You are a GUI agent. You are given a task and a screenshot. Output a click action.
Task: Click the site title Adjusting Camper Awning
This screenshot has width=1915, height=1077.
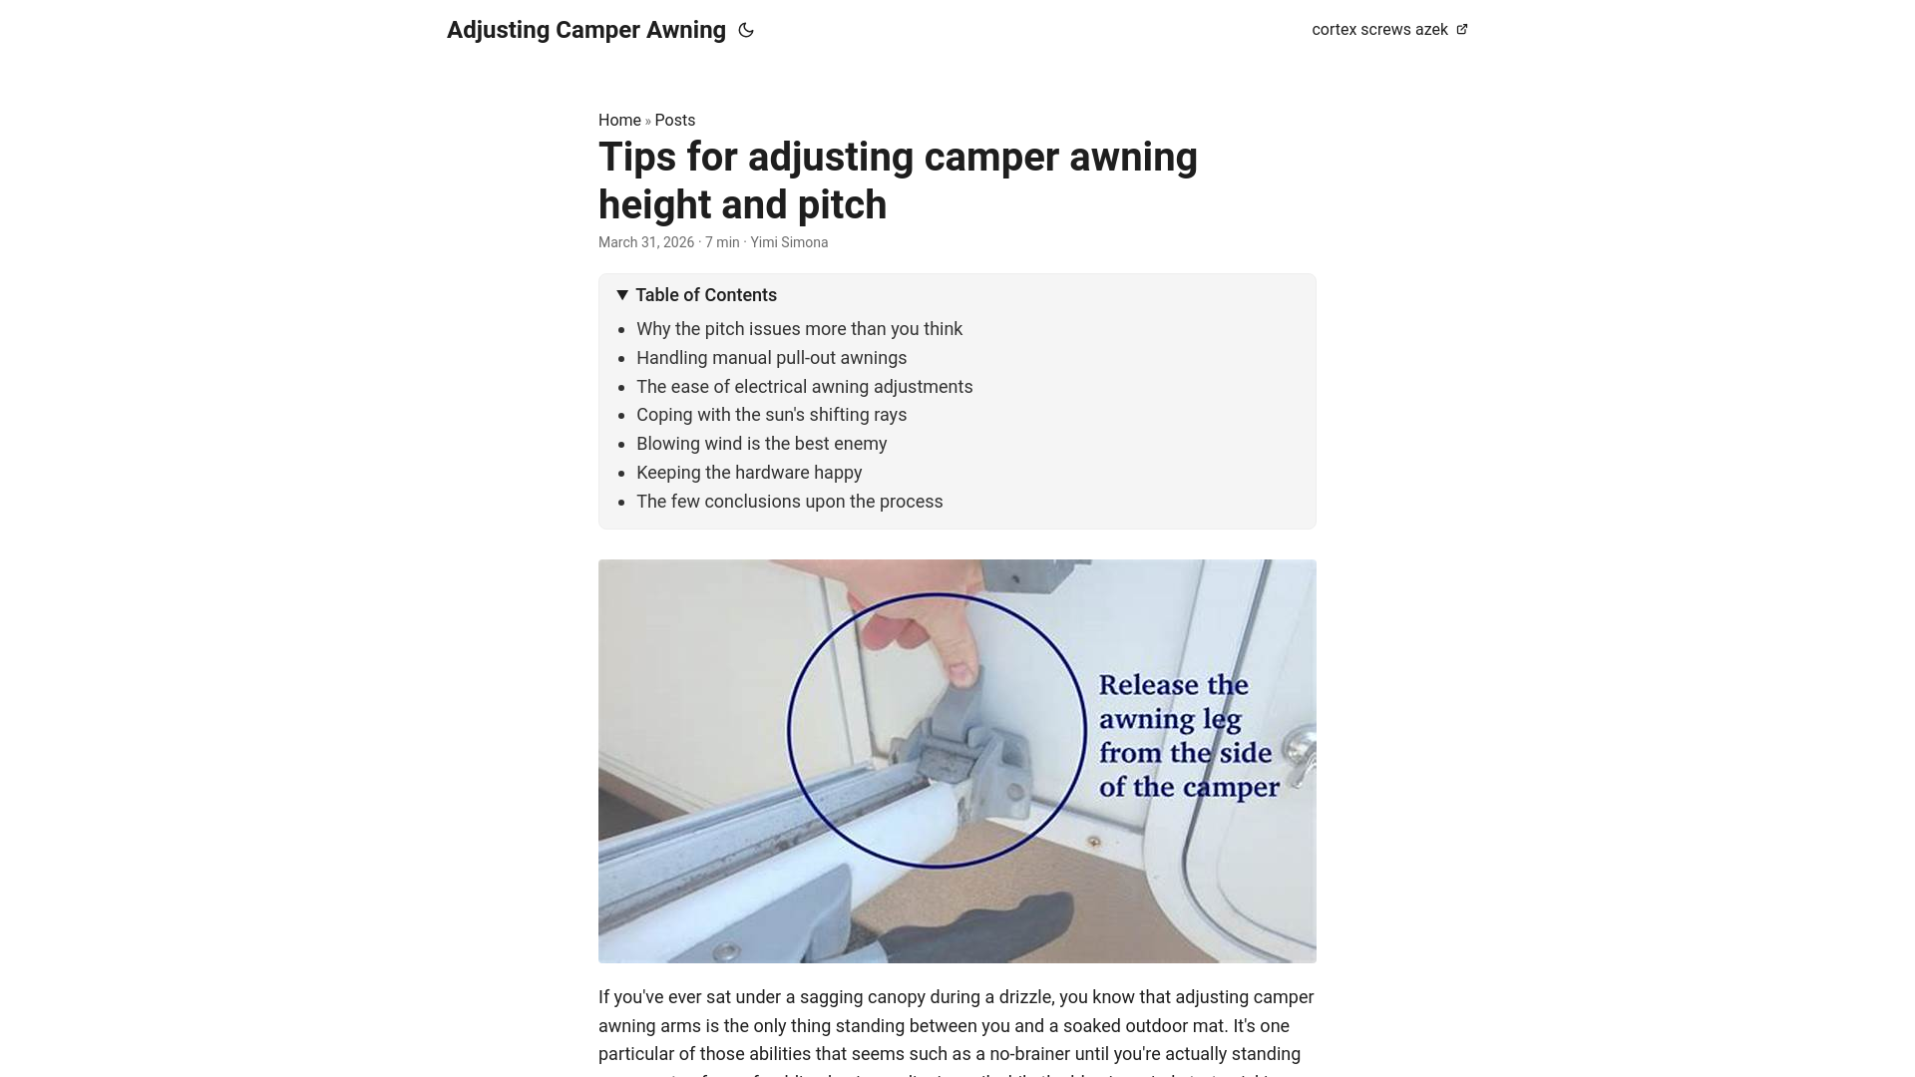(x=585, y=30)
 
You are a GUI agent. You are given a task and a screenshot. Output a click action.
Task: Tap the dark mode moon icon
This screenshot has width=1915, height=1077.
(x=746, y=30)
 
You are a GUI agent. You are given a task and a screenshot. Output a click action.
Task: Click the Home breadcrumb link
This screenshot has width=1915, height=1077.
(x=618, y=121)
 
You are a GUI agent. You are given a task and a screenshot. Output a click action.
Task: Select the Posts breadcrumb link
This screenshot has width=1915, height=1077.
(x=674, y=121)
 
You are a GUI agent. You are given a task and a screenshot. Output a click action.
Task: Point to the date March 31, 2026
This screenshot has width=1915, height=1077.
(x=645, y=242)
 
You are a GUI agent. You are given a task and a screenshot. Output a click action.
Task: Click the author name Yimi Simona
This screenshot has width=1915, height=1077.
(x=788, y=242)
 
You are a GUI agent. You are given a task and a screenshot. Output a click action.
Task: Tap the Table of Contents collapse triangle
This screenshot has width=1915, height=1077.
(x=622, y=295)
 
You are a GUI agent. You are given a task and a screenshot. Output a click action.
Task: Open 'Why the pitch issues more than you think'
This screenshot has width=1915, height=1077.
(x=799, y=329)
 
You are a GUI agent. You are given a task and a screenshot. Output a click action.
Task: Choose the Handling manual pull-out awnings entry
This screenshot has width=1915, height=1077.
(x=771, y=358)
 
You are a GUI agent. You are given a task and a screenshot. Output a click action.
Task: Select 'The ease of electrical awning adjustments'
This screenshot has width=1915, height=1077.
(x=804, y=387)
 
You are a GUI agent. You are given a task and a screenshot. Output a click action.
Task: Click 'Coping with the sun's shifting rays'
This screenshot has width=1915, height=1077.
(x=771, y=415)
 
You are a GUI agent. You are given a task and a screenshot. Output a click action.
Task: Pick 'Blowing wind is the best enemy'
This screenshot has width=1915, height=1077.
(x=761, y=444)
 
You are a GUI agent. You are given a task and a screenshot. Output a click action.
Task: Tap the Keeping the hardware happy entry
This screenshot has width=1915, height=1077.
(x=748, y=473)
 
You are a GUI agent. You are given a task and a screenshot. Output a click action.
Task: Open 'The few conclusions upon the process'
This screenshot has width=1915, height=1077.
(x=789, y=502)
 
